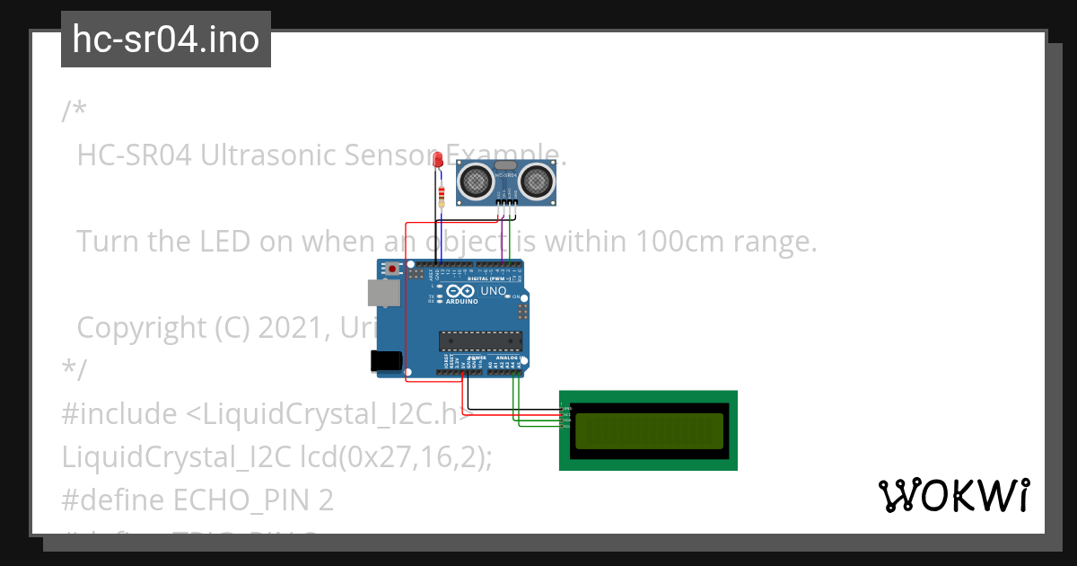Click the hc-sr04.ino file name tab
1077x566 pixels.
click(x=165, y=40)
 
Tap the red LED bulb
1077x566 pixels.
click(x=438, y=160)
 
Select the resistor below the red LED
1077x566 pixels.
click(x=440, y=195)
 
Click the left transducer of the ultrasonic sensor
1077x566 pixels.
click(x=476, y=181)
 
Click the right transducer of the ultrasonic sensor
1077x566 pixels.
click(x=538, y=181)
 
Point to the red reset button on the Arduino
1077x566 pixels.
click(x=393, y=268)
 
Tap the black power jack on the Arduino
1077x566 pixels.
click(x=386, y=360)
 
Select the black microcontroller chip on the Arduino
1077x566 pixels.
click(x=480, y=340)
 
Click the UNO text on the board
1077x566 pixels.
click(x=494, y=291)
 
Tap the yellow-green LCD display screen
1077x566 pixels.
click(x=649, y=430)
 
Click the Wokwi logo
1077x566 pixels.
click(x=953, y=496)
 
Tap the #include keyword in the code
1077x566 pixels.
click(x=119, y=414)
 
